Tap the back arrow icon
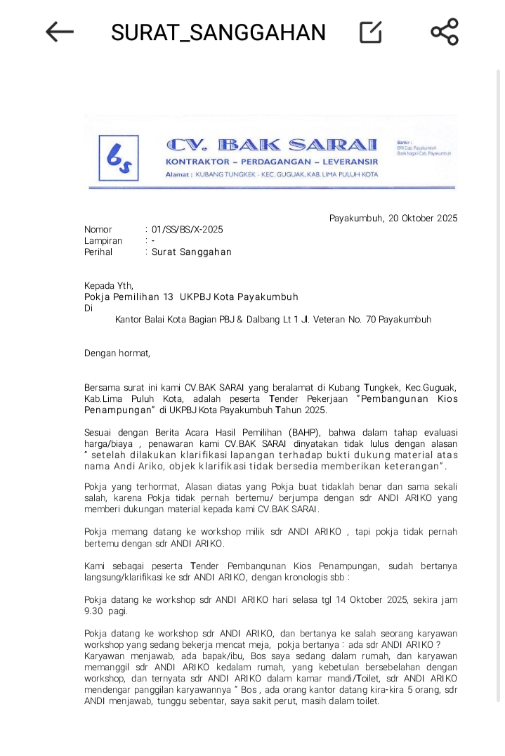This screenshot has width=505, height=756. click(x=60, y=32)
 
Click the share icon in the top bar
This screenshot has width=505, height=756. click(x=444, y=32)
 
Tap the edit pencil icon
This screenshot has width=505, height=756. click(x=370, y=32)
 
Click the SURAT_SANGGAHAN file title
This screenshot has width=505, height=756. click(x=218, y=32)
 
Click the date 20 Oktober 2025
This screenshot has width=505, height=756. click(x=422, y=219)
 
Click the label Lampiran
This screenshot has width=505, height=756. click(x=103, y=241)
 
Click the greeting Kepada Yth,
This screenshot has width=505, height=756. click(x=108, y=285)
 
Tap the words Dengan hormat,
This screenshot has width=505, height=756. click(x=117, y=353)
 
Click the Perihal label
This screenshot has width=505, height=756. click(x=98, y=252)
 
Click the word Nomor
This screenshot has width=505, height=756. click(x=98, y=230)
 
